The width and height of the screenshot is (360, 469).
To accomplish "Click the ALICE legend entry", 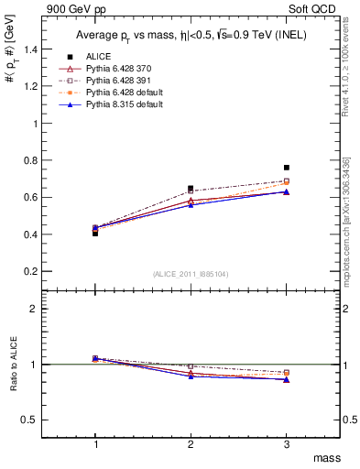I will [x=99, y=57].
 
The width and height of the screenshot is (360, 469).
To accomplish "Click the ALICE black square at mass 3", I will [x=287, y=168].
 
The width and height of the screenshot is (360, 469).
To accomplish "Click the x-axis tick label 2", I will [x=191, y=443].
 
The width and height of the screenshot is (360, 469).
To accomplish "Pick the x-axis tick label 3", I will [x=287, y=443].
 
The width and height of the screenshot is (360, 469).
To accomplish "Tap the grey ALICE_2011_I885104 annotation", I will [x=191, y=275].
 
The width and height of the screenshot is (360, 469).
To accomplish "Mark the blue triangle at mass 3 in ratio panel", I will [x=287, y=379].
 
